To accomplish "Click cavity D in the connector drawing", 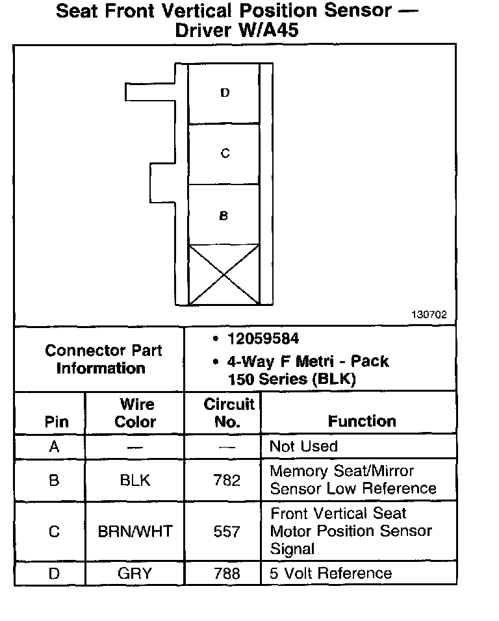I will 224,93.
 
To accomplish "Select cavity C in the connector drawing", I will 224,154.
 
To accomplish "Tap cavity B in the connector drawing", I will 224,216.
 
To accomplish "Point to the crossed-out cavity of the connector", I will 224,275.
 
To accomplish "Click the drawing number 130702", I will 429,315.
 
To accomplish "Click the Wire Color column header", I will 135,413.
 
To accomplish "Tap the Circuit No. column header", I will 229,413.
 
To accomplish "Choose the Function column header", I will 362,422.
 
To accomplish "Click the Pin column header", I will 56,422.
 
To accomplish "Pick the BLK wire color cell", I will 135,481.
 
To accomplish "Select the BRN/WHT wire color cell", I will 135,532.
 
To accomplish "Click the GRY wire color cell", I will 135,574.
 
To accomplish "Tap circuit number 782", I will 227,481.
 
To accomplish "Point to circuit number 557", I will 227,532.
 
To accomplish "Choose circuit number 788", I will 227,574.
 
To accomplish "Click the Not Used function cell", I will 303,447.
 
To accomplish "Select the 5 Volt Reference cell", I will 331,574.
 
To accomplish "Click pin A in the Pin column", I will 54,447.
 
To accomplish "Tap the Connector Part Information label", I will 103,359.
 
